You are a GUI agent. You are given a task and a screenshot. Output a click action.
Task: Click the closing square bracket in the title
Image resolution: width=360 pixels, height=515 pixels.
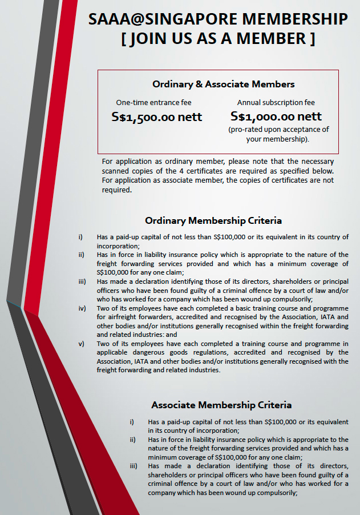[311, 39]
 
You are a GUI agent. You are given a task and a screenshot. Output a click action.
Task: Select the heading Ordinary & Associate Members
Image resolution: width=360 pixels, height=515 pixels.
[223, 84]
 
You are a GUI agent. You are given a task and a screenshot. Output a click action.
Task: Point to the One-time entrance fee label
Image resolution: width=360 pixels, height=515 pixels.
[153, 103]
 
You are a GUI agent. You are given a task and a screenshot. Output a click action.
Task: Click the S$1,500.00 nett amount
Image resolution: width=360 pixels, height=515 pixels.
[156, 117]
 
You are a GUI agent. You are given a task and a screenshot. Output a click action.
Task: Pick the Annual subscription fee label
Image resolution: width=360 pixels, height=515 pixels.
[276, 103]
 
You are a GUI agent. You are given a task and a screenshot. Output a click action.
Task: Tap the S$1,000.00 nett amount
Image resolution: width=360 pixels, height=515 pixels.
[276, 116]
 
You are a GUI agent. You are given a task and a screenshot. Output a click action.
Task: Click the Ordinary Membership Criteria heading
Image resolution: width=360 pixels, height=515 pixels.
[213, 220]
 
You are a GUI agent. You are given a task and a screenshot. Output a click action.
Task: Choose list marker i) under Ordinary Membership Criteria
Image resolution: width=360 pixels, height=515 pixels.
[80, 236]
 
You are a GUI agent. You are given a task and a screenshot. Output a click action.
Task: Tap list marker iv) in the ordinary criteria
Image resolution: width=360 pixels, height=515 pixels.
[82, 308]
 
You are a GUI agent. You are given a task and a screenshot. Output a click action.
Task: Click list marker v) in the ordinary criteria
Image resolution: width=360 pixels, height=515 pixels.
[81, 344]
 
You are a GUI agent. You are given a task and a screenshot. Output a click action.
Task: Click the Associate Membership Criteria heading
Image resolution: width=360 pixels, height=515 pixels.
[221, 405]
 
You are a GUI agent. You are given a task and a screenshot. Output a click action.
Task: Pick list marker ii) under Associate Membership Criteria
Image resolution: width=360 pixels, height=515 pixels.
[132, 440]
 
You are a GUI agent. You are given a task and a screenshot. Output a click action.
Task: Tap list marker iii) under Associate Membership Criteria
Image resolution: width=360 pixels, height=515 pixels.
[132, 466]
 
